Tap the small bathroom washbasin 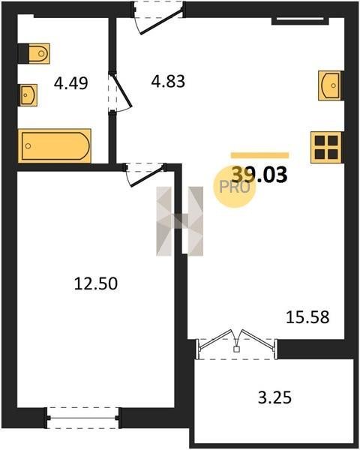[28, 95]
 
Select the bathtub [55, 145]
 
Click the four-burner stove [326, 148]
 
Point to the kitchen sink [330, 85]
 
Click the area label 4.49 [71, 83]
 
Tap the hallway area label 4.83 [168, 81]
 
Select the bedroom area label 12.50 [96, 283]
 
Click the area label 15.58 [307, 317]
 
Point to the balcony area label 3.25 [274, 397]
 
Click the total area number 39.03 [259, 175]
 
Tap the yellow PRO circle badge [234, 187]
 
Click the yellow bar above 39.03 [259, 155]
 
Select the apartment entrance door [158, 18]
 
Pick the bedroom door [145, 174]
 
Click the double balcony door [236, 344]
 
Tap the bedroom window [82, 418]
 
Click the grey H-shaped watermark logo [180, 221]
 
